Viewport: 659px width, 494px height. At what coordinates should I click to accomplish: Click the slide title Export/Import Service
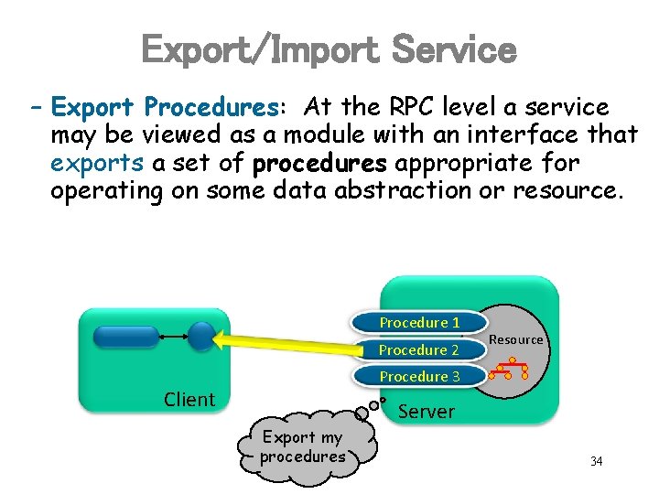point(329,50)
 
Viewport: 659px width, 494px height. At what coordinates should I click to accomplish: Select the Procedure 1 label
point(419,323)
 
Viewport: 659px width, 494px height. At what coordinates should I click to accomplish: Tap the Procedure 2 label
point(419,349)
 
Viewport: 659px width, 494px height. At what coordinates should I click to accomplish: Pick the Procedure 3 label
point(419,376)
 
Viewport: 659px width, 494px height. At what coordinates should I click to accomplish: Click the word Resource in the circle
point(516,339)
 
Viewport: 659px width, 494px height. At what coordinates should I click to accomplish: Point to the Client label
point(189,400)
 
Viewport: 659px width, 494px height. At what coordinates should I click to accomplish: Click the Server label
point(427,412)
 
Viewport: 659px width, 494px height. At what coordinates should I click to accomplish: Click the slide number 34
point(596,461)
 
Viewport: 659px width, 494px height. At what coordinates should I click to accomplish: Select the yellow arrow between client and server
point(284,339)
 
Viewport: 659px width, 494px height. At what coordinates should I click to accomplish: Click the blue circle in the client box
point(201,337)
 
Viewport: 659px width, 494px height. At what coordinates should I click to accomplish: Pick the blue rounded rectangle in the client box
point(125,337)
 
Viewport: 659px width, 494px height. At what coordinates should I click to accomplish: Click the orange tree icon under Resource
point(512,369)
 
